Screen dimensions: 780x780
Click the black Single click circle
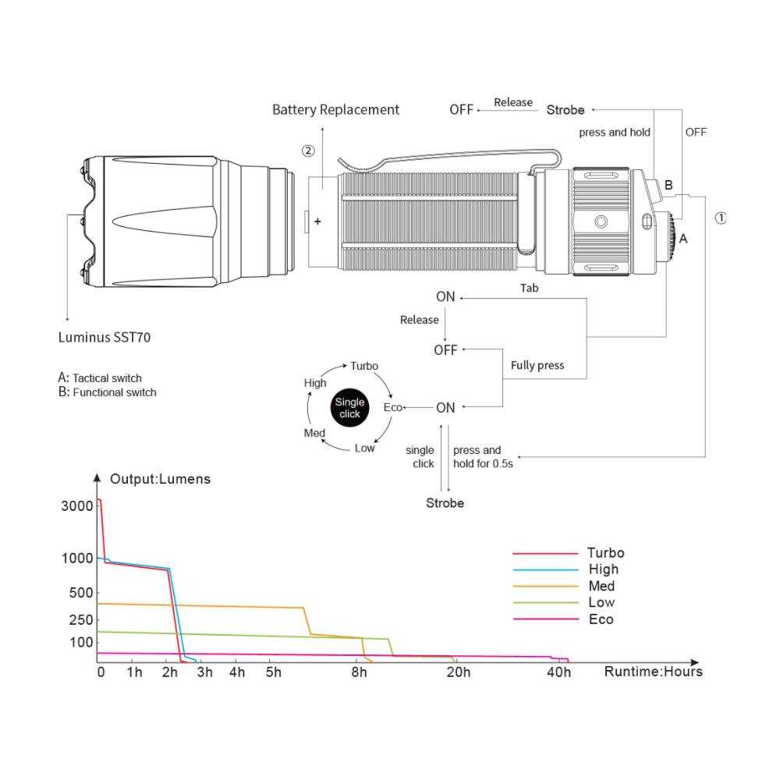[349, 408]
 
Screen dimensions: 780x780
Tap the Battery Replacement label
[335, 109]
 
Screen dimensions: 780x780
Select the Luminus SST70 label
[105, 337]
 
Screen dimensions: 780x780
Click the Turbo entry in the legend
[605, 553]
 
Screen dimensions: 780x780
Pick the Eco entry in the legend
[601, 619]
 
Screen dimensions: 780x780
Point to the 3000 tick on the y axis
[77, 506]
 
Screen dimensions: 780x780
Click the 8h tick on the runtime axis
[359, 672]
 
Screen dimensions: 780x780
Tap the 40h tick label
[558, 672]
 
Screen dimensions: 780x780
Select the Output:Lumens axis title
[160, 479]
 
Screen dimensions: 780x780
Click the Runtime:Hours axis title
[653, 672]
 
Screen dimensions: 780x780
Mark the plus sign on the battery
[317, 222]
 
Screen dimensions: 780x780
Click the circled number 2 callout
[308, 151]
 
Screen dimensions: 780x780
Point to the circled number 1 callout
[720, 218]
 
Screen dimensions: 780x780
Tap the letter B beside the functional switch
[668, 185]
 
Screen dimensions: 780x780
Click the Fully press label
[537, 366]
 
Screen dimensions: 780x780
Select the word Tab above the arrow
[530, 288]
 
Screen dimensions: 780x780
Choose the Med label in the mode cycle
[314, 433]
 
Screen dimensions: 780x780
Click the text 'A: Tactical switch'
[100, 378]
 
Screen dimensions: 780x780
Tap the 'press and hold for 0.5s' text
[483, 456]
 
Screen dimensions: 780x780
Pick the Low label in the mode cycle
[364, 448]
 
